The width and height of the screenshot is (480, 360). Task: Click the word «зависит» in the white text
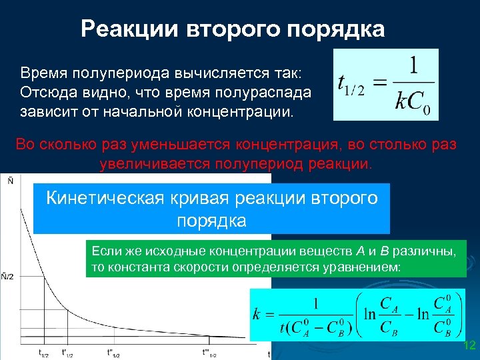[49, 109]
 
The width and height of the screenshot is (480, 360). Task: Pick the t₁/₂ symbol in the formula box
[351, 85]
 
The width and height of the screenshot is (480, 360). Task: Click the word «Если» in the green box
[106, 251]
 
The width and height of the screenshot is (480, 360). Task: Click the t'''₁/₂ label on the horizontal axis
[211, 353]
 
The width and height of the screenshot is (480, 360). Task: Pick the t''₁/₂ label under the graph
[115, 353]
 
